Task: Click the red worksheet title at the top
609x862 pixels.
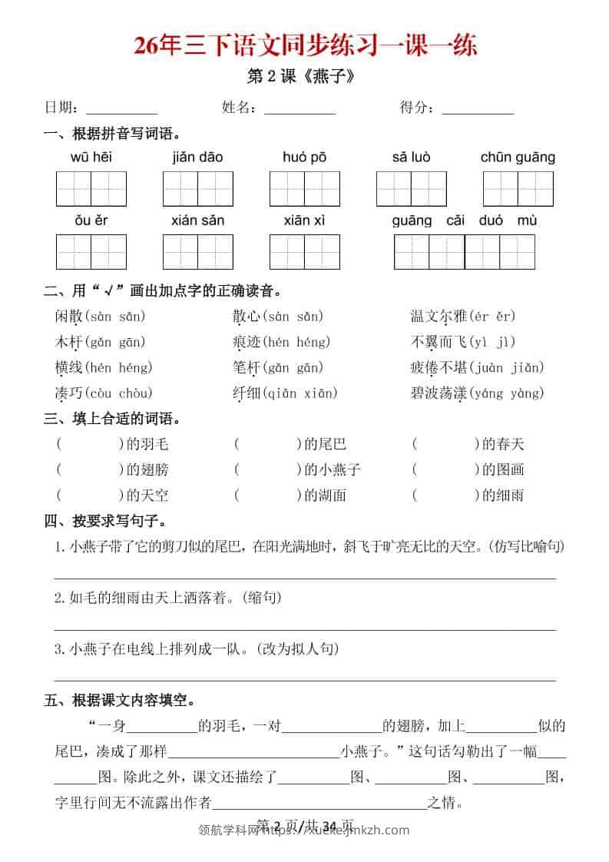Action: point(305,45)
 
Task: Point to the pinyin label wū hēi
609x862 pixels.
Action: point(91,157)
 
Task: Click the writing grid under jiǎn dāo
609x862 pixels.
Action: point(198,188)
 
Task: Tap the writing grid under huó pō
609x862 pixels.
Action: point(305,188)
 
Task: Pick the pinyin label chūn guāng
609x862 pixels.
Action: point(518,157)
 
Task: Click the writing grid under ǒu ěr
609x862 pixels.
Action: point(91,251)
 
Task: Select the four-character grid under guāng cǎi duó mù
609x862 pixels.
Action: point(464,251)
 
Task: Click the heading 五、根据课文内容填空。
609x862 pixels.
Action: point(119,700)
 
